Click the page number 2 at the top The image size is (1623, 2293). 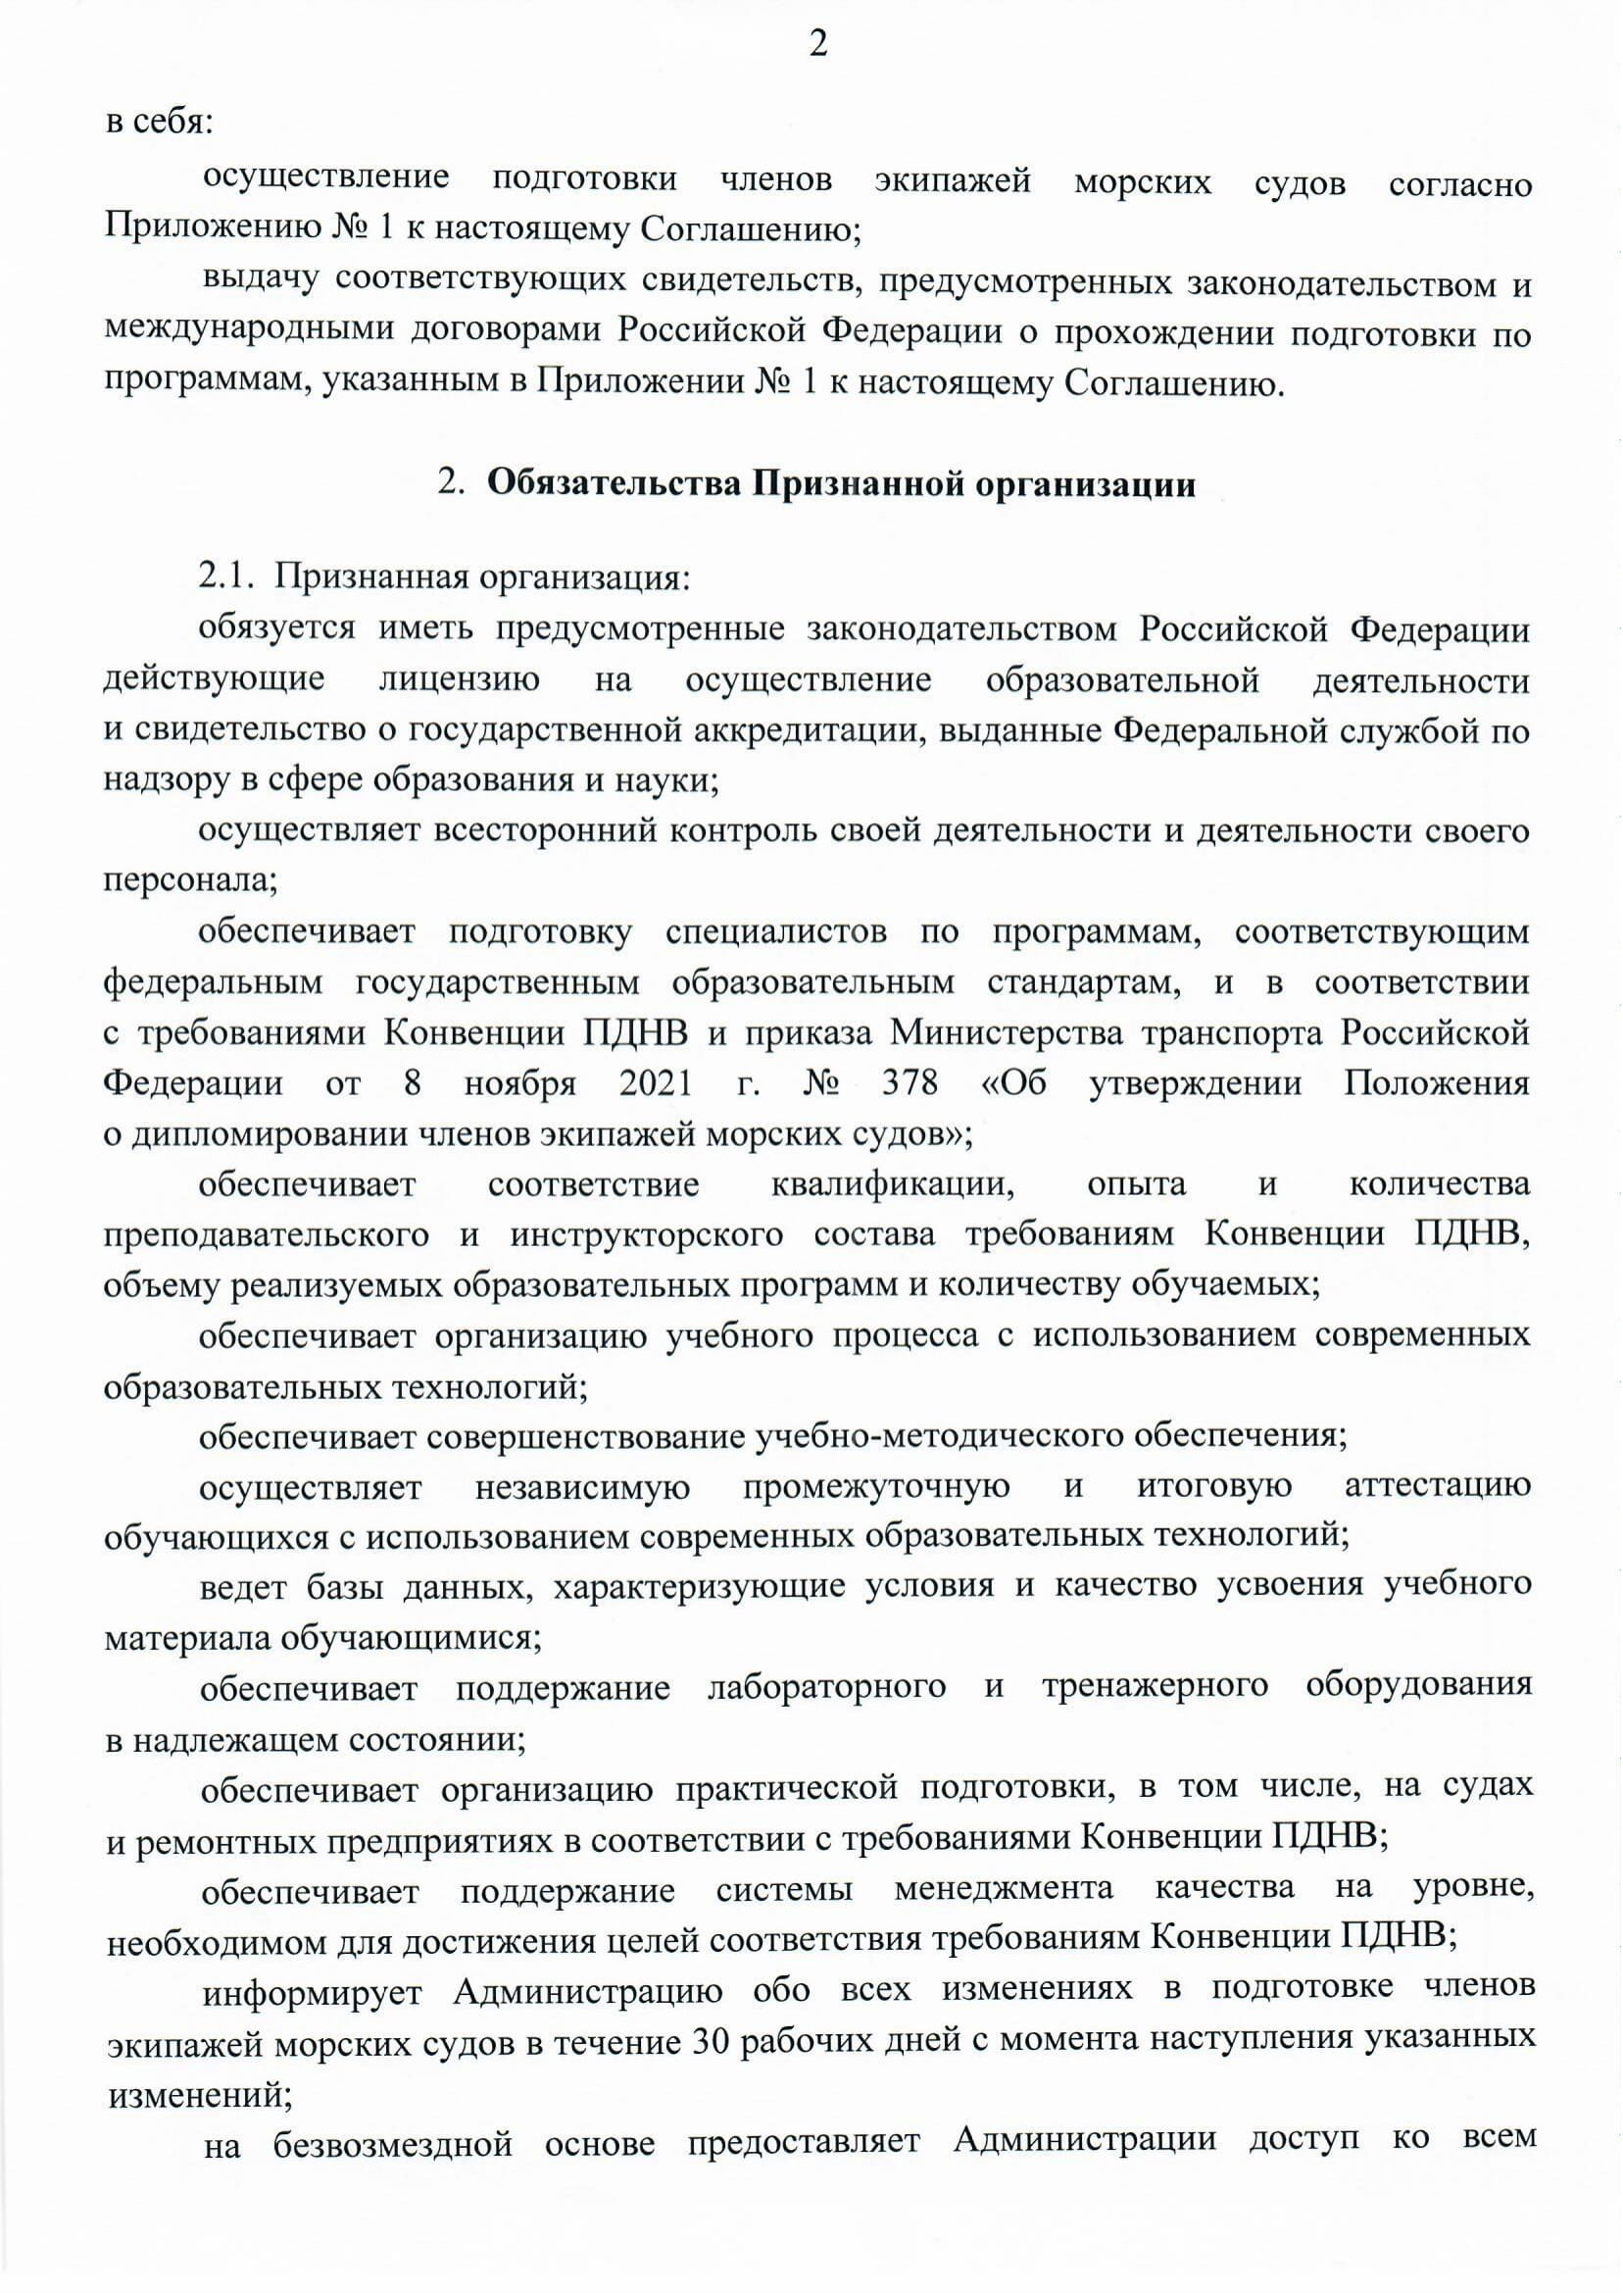817,45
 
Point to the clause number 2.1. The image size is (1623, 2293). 230,576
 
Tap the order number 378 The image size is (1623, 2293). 910,1083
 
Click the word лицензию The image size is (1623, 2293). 460,679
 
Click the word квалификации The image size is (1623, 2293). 889,1184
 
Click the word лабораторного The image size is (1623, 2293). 825,1687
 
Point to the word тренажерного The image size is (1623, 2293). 1156,1687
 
